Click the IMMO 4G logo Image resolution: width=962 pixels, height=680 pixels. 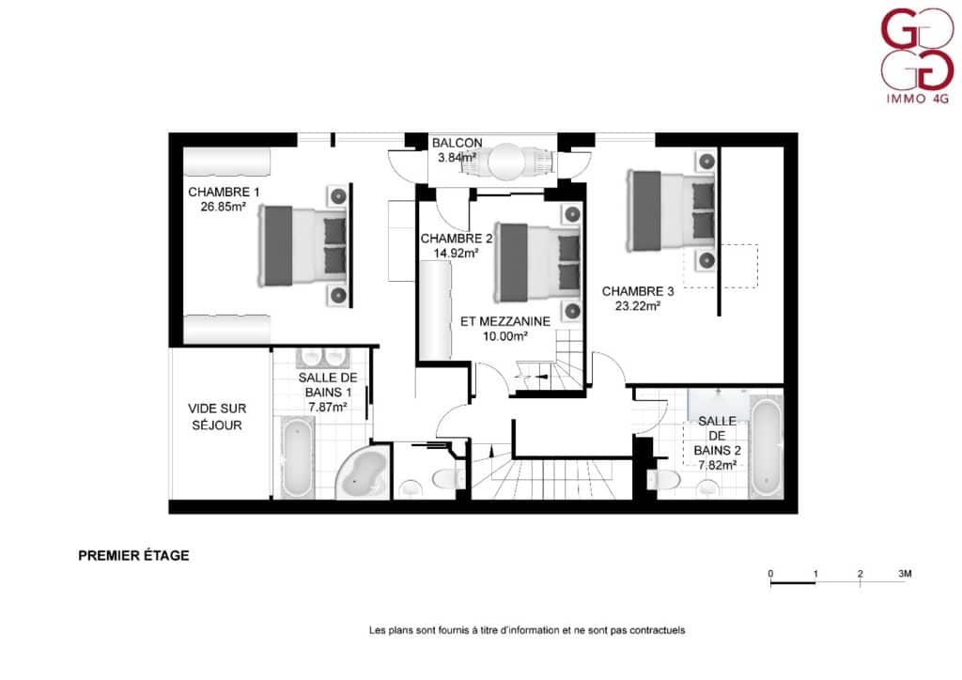(x=917, y=55)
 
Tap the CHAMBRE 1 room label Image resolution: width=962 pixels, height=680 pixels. (x=224, y=192)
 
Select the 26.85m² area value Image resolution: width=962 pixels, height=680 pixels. (x=224, y=207)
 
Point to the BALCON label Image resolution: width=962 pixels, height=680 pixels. (x=458, y=142)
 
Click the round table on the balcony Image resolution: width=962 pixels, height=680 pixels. (x=506, y=162)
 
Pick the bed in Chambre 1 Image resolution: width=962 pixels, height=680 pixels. (x=302, y=246)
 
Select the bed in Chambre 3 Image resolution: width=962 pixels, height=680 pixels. (x=671, y=210)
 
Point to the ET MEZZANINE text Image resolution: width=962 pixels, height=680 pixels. (x=505, y=321)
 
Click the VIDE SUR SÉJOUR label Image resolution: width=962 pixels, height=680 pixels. (x=217, y=417)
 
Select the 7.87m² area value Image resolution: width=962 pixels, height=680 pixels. (x=328, y=407)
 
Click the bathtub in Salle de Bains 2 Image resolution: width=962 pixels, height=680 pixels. (x=767, y=448)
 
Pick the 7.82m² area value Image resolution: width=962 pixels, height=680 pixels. (x=717, y=465)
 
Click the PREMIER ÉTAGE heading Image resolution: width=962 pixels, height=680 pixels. (x=133, y=555)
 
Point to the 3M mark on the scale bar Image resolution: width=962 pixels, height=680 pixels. (x=905, y=574)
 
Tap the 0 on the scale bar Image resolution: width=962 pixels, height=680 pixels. (x=770, y=574)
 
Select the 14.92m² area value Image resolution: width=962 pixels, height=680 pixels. (x=457, y=253)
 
